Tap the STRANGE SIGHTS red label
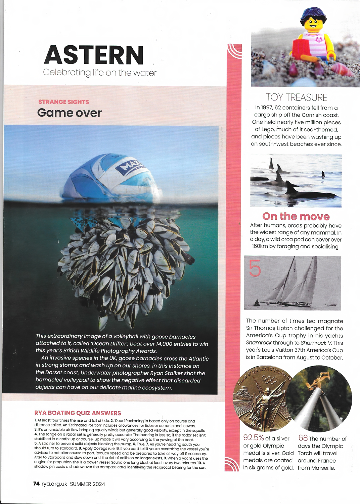click(x=63, y=102)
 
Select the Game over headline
click(x=69, y=113)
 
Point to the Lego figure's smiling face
click(x=313, y=24)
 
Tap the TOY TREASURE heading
click(x=297, y=97)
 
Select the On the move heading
click(x=296, y=216)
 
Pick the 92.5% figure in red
click(x=254, y=438)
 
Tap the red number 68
click(x=303, y=438)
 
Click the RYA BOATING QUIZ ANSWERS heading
click(x=78, y=413)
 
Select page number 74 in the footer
click(x=36, y=484)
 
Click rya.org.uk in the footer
click(x=54, y=484)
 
